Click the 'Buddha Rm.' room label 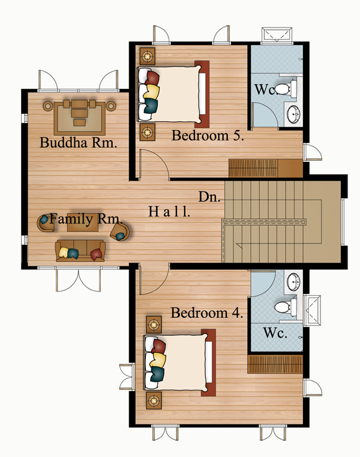(x=78, y=143)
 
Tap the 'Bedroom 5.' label (x=208, y=136)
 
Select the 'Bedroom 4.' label (x=206, y=312)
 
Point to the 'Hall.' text (x=169, y=211)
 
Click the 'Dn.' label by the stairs (x=209, y=197)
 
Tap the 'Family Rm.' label (x=85, y=219)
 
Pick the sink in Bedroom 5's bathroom (x=294, y=114)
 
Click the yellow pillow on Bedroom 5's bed (x=151, y=91)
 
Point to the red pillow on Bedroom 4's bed (x=158, y=346)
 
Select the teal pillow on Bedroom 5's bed (x=151, y=106)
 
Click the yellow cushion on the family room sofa (x=64, y=252)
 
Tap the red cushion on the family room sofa (x=97, y=254)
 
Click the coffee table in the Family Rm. (x=79, y=223)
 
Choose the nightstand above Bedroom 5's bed (x=148, y=56)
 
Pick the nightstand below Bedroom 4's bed (x=154, y=401)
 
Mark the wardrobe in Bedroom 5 (x=266, y=168)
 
